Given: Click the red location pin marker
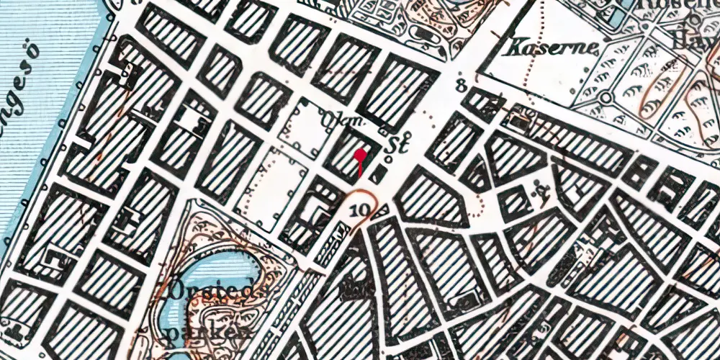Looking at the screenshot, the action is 361,154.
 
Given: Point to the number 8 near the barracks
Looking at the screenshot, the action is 461,88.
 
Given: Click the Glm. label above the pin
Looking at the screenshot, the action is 343,118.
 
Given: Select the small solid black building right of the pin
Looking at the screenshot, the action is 377,173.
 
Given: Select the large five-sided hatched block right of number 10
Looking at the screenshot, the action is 428,195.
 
